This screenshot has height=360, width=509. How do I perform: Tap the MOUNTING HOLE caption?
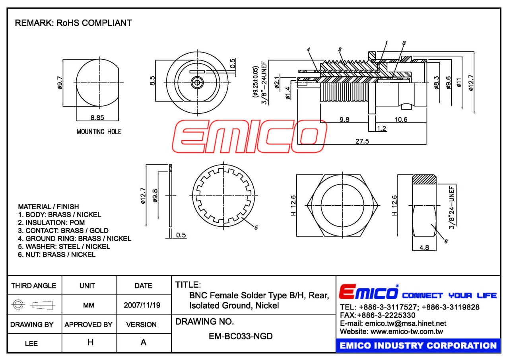tap(99, 132)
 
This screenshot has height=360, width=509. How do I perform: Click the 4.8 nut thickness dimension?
tap(424, 247)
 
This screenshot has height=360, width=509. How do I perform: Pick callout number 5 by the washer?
tap(256, 228)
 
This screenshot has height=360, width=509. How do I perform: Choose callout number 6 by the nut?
tap(446, 241)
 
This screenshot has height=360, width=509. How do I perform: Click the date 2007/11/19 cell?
tap(142, 305)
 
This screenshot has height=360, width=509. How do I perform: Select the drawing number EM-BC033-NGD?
tap(241, 336)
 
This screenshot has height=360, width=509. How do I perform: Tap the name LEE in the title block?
tap(31, 343)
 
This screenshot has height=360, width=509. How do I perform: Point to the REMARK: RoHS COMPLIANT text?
tap(73, 23)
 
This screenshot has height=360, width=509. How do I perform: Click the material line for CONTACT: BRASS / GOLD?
tap(63, 231)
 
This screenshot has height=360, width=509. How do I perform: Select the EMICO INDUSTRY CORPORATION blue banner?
tap(418, 345)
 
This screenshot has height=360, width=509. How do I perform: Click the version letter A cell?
tap(144, 342)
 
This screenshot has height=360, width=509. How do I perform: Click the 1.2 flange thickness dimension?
tap(382, 128)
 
